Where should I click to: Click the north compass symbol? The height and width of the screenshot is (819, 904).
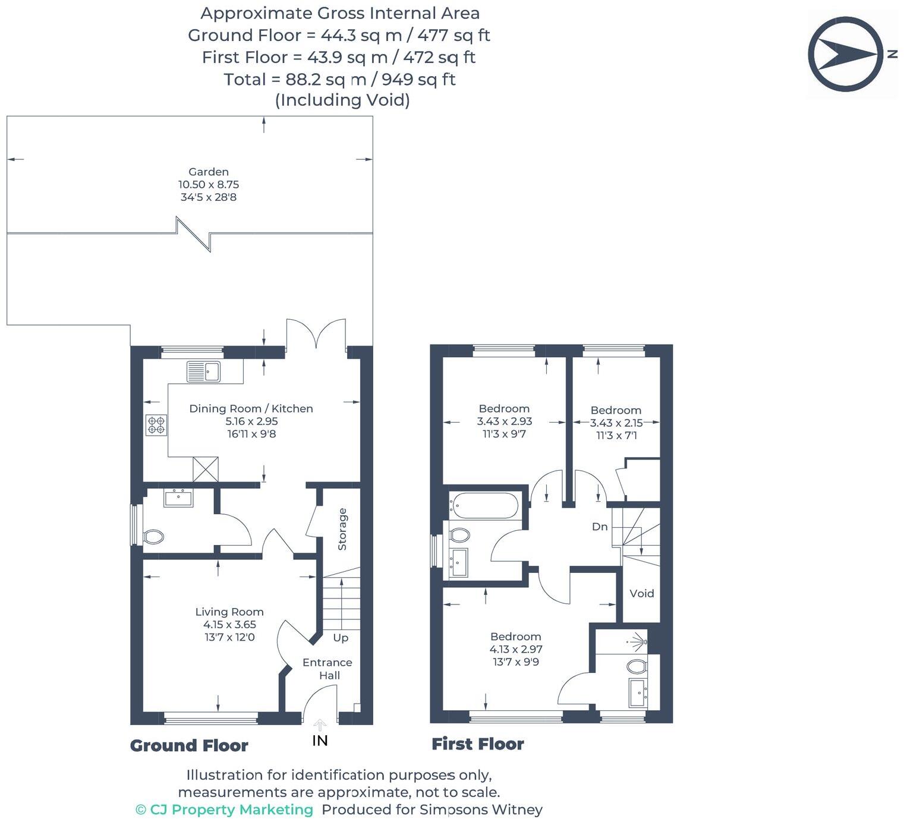845,54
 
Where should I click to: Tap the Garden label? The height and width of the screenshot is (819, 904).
209,172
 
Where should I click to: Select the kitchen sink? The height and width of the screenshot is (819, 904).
203,371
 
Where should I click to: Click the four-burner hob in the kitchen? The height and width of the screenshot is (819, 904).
156,424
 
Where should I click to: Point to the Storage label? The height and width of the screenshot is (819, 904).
342,529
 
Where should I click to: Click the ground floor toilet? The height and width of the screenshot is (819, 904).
153,537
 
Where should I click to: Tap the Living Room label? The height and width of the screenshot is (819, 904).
229,612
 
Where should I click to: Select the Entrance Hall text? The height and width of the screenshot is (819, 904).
327,669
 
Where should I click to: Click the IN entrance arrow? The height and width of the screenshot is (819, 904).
320,726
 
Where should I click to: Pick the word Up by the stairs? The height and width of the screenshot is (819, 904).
341,638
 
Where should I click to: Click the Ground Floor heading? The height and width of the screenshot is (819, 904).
189,745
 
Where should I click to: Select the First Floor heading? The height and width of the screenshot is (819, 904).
477,744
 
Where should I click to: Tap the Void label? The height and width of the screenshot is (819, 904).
641,593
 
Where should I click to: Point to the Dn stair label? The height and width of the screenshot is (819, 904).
600,527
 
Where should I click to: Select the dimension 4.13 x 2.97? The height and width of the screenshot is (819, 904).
515,649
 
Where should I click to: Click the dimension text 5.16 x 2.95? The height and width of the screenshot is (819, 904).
251,421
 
